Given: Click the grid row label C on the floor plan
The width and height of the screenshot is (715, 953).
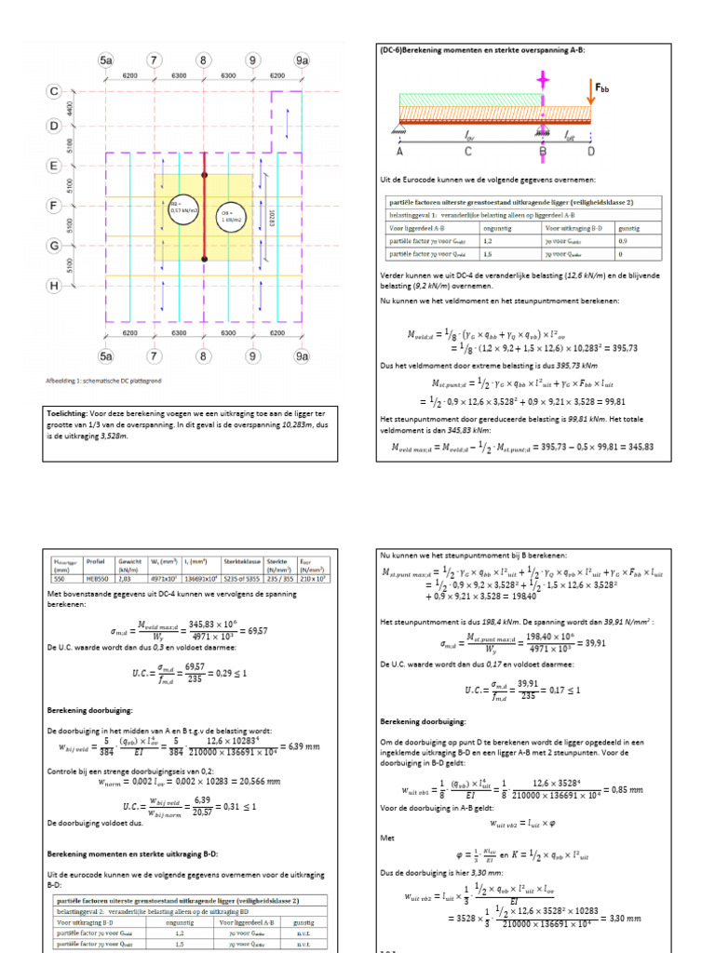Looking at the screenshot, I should coord(53,91).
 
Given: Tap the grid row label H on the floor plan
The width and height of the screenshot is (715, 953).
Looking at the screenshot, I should coord(53,288).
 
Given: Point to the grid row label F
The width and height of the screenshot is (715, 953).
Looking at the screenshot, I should coord(53,206).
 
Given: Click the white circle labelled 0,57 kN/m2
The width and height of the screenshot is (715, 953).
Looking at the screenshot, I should coord(181,209).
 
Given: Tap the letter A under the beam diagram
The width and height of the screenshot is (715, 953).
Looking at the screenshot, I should coord(398,150).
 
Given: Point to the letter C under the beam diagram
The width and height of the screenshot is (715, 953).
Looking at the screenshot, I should coord(468,150).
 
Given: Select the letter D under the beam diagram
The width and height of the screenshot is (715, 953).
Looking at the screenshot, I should coord(591,150).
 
